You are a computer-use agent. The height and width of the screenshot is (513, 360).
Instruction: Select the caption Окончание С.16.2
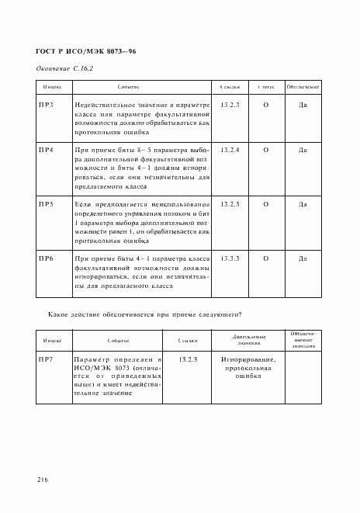pyautogui.click(x=65, y=69)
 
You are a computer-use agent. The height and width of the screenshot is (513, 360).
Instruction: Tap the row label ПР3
pyautogui.click(x=46, y=104)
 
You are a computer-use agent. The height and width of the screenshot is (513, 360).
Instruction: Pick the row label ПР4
pyautogui.click(x=46, y=149)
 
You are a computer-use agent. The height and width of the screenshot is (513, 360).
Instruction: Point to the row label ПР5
pyautogui.click(x=46, y=203)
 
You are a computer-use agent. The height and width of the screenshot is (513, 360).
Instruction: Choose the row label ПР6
pyautogui.click(x=46, y=258)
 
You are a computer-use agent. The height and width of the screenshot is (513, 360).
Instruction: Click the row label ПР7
pyautogui.click(x=46, y=360)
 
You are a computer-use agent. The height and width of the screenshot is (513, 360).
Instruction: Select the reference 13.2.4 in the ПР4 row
pyautogui.click(x=230, y=149)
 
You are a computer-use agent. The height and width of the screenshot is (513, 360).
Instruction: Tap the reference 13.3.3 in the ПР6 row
pyautogui.click(x=230, y=258)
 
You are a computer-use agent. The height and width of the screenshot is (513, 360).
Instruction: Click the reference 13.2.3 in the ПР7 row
pyautogui.click(x=189, y=360)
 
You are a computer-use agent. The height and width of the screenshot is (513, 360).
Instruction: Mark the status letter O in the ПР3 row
pyautogui.click(x=266, y=104)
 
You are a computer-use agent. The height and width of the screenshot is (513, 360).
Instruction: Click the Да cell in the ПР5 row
pyautogui.click(x=303, y=203)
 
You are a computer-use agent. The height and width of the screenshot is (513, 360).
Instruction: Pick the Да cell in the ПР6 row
pyautogui.click(x=303, y=258)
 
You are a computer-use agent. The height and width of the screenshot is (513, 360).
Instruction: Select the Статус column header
pyautogui.click(x=266, y=87)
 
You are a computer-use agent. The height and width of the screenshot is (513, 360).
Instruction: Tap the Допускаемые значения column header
pyautogui.click(x=249, y=340)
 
